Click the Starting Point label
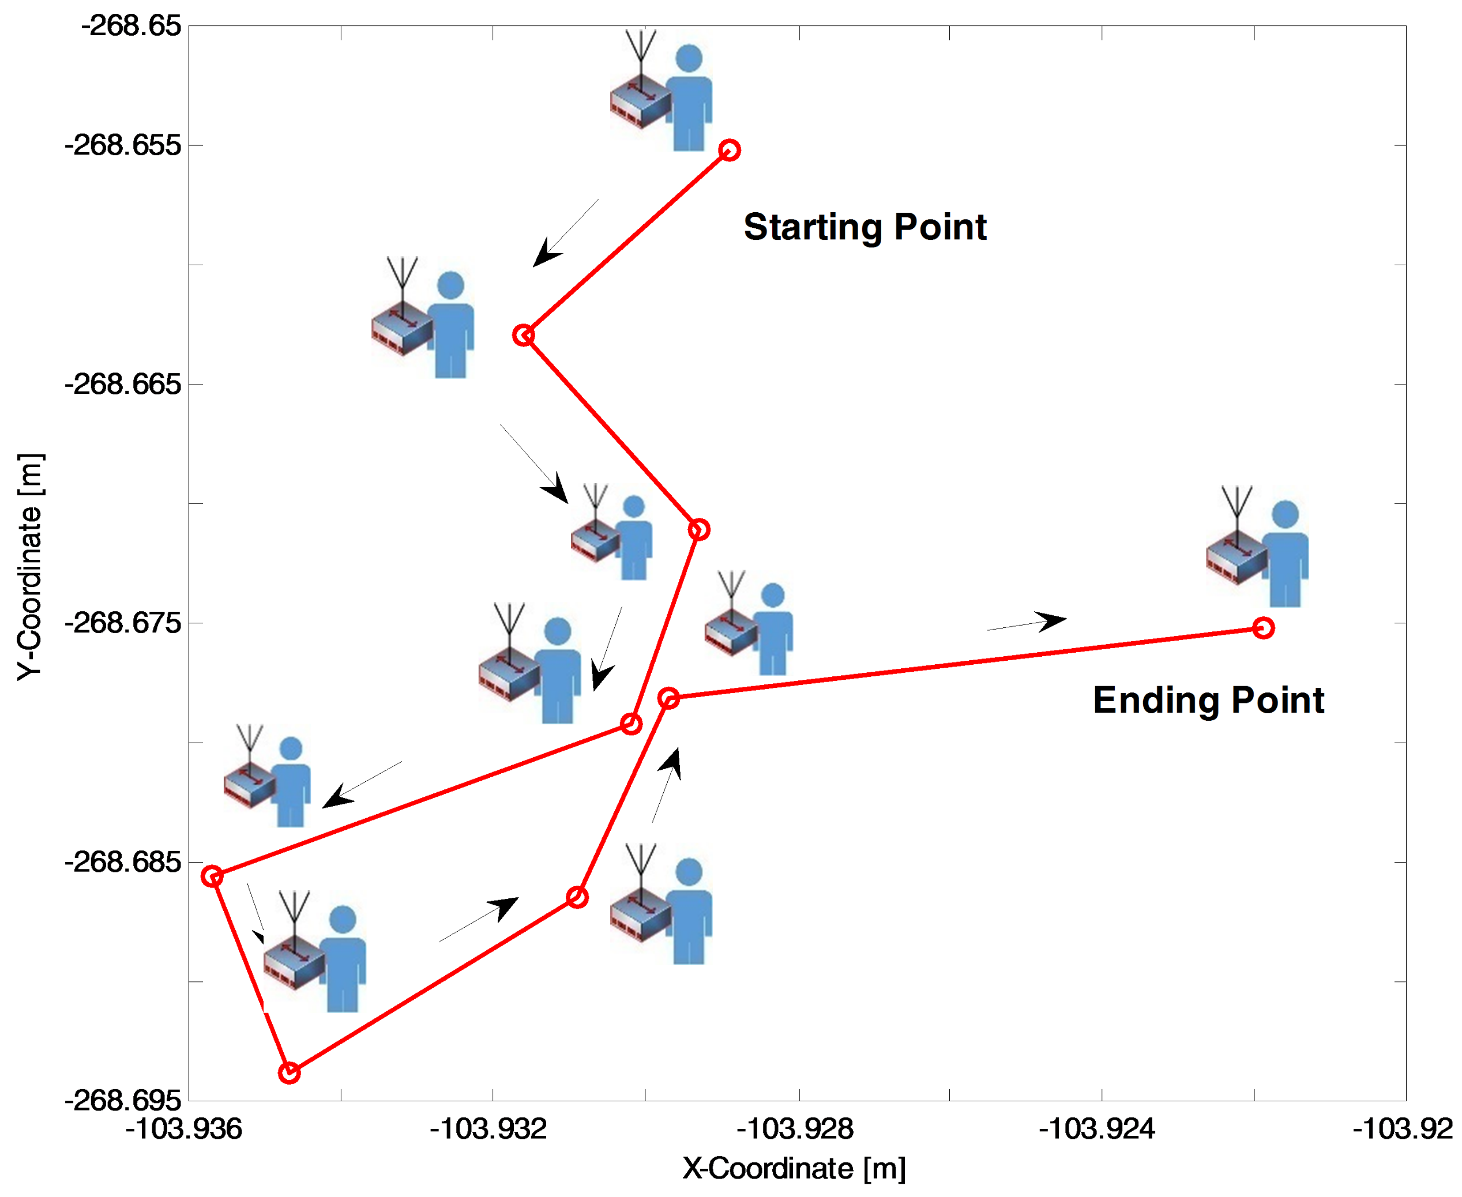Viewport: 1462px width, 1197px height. click(865, 228)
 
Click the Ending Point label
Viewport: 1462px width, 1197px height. click(1208, 701)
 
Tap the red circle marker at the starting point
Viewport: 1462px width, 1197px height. click(730, 150)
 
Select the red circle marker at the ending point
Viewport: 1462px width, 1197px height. click(1262, 628)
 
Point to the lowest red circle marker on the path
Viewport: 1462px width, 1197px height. click(290, 1073)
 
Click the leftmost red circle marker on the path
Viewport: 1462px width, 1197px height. click(212, 876)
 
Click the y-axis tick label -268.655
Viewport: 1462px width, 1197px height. click(123, 145)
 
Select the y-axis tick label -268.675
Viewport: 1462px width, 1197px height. click(123, 623)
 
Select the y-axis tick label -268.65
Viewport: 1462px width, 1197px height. click(131, 26)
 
